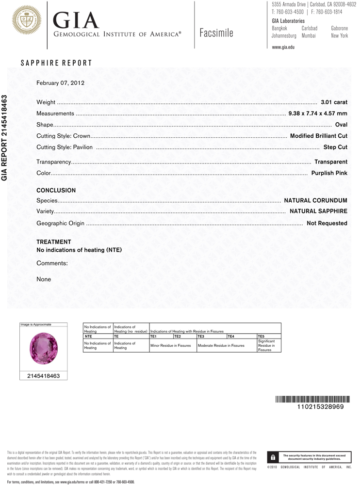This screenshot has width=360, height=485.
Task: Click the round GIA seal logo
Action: (23, 20)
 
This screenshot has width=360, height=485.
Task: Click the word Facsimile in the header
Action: (216, 33)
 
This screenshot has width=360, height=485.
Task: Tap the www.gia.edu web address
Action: (283, 47)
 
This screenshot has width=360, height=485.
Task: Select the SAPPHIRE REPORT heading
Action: (56, 64)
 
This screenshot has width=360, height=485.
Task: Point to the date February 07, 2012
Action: (61, 83)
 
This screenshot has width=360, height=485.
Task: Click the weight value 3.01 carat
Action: (334, 102)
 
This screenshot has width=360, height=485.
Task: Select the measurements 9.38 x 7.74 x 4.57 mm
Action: (318, 113)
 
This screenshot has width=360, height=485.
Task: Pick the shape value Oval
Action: (341, 125)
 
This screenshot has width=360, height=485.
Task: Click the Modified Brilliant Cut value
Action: (318, 136)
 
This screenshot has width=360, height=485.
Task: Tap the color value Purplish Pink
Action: (329, 173)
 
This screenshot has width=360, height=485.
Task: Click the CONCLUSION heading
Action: (56, 191)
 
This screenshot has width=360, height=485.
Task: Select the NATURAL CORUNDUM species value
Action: (315, 200)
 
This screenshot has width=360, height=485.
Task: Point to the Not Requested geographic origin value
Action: (327, 223)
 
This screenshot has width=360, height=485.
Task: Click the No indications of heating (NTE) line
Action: (79, 250)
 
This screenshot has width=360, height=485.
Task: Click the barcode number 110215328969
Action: (320, 406)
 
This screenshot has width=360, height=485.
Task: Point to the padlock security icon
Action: (273, 457)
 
